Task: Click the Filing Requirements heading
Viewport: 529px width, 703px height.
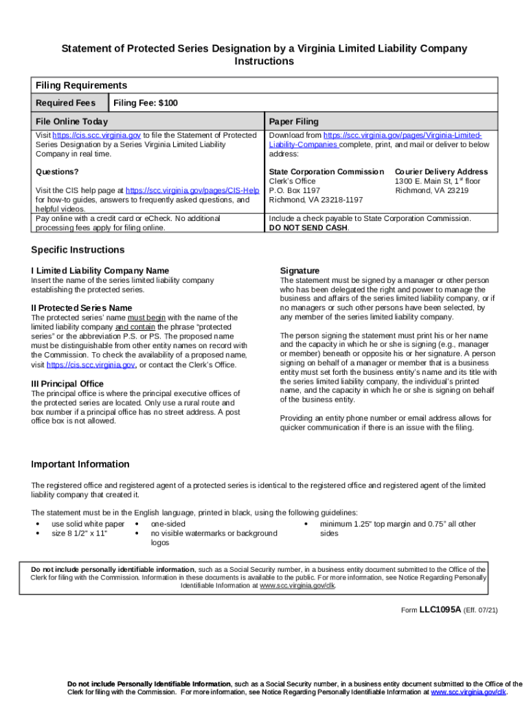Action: (81, 86)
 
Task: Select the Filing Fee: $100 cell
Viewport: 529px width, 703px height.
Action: (145, 103)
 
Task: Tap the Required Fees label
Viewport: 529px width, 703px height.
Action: (66, 103)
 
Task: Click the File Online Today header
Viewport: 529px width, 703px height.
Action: (71, 122)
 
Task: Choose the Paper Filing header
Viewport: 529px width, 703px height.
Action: (294, 122)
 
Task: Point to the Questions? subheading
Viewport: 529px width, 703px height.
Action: (57, 172)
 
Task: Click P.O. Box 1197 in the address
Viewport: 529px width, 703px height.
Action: (295, 190)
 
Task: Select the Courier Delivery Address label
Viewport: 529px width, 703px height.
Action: (441, 172)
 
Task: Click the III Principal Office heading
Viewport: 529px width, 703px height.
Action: (67, 384)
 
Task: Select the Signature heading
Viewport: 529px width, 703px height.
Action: (300, 270)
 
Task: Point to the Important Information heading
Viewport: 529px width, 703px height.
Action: (80, 464)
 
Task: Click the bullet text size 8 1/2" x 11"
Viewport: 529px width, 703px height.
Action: (80, 533)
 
